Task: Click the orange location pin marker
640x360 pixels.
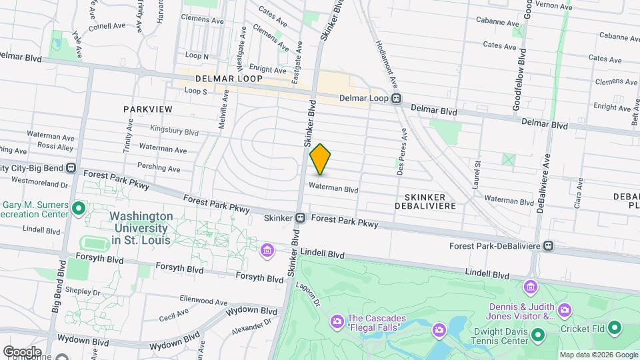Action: (320, 159)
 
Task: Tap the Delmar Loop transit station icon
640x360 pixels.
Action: (397, 99)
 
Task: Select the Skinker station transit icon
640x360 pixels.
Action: (301, 217)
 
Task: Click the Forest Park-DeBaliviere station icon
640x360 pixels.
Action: (548, 245)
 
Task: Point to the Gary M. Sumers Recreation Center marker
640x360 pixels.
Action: (79, 209)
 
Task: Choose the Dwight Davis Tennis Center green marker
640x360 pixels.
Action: (537, 334)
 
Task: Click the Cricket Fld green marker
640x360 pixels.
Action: (614, 327)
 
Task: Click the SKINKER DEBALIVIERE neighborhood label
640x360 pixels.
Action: (430, 200)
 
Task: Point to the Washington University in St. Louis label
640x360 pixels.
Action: (141, 227)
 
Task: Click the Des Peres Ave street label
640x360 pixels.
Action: (401, 160)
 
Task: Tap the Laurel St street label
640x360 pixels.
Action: (477, 173)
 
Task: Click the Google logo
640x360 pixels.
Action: (21, 351)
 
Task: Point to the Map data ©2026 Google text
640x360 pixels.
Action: (598, 355)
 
